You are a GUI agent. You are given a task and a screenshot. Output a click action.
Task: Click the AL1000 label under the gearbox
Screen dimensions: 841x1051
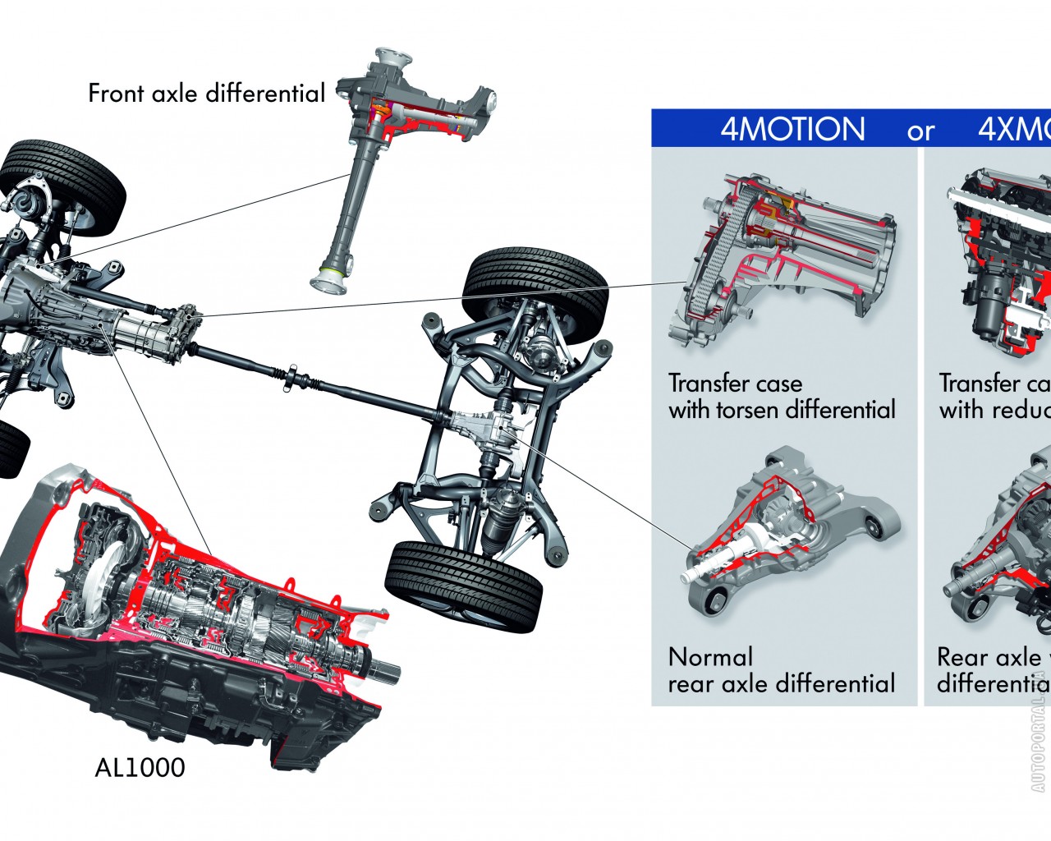(x=140, y=768)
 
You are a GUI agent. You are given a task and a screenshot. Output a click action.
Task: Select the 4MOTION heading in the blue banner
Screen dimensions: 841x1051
(x=792, y=130)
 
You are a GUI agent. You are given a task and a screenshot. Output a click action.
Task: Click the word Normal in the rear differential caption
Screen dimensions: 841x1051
(x=710, y=657)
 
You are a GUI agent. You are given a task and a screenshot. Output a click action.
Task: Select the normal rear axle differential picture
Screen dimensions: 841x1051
(x=788, y=526)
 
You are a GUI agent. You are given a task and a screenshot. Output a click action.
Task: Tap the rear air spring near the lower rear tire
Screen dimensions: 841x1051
(x=503, y=517)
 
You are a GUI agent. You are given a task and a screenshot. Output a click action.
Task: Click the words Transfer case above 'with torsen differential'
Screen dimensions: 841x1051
(x=735, y=384)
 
